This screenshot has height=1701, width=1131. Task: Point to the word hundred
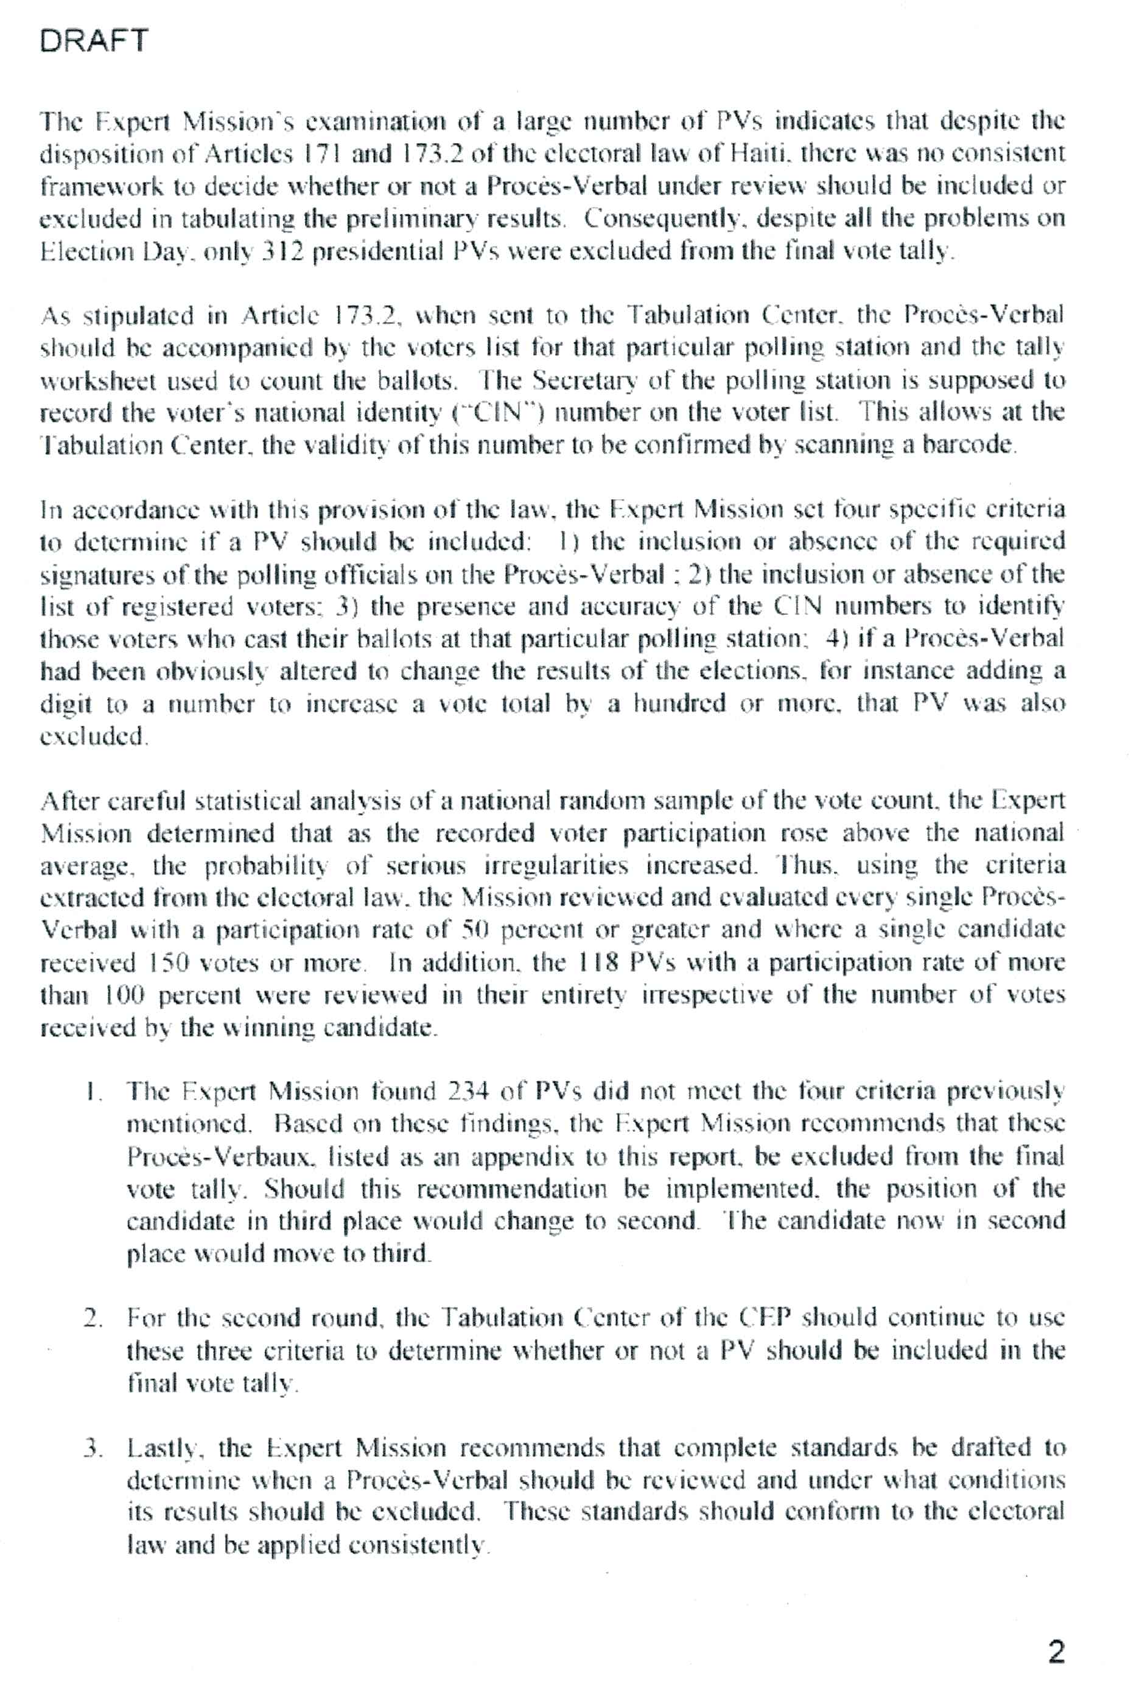pos(679,704)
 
